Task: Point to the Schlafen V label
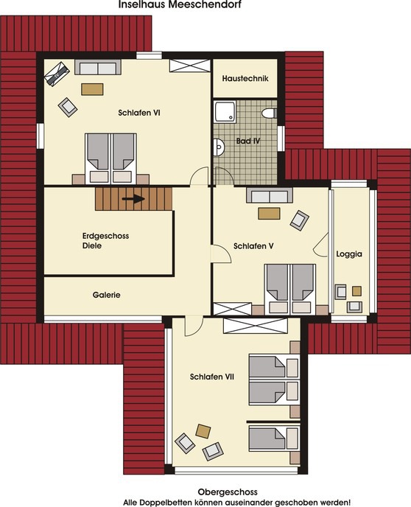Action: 253,245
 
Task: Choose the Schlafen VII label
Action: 211,377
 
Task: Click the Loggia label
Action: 349,253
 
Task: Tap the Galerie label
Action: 106,295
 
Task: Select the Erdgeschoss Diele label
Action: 102,241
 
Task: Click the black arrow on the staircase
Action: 133,198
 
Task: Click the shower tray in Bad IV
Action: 224,112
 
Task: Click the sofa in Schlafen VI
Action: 98,68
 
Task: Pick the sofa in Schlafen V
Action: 270,195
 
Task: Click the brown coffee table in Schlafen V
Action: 268,214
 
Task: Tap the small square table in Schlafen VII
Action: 203,430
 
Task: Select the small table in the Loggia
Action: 356,290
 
